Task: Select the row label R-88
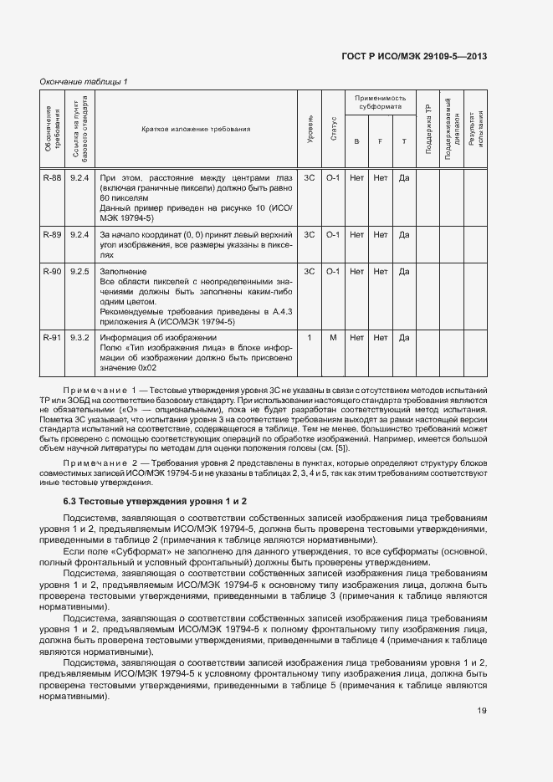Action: (x=52, y=177)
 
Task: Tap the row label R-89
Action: (x=52, y=235)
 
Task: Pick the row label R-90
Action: (x=52, y=272)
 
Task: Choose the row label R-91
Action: (x=52, y=337)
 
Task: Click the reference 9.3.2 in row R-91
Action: (x=80, y=337)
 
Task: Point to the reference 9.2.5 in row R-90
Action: (x=80, y=272)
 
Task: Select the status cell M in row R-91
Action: (x=333, y=337)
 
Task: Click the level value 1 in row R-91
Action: (x=310, y=337)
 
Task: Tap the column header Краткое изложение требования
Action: (x=196, y=130)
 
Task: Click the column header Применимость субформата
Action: (x=380, y=103)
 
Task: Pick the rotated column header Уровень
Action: (x=310, y=130)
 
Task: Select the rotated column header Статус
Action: (x=333, y=130)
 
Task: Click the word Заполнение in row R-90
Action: (x=123, y=272)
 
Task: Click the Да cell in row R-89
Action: (x=404, y=235)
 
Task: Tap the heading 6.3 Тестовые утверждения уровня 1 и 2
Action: (x=155, y=500)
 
